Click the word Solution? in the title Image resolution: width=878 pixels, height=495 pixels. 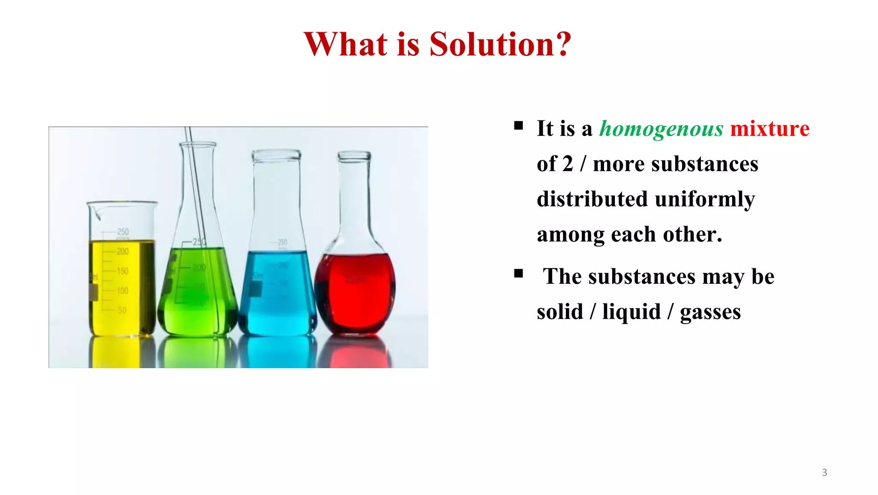[x=500, y=44]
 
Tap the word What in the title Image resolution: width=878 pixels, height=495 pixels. [x=346, y=44]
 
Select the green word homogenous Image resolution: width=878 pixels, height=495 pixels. [x=661, y=129]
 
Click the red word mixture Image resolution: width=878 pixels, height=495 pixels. [x=770, y=129]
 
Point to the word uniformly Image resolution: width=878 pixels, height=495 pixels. [x=705, y=200]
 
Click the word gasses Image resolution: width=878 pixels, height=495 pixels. [x=710, y=312]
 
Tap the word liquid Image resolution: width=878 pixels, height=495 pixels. [x=631, y=312]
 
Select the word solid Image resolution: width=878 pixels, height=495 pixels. [x=559, y=312]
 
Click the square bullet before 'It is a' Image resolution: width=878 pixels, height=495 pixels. [x=519, y=126]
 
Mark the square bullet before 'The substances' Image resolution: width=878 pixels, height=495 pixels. [x=519, y=273]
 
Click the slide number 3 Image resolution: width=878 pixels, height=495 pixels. [x=824, y=472]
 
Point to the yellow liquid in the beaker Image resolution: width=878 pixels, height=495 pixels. [x=122, y=291]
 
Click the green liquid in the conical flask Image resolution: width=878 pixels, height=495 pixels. [x=197, y=300]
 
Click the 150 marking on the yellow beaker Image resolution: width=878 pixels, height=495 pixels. [x=123, y=271]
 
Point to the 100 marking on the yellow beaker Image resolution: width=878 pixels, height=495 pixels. [x=123, y=291]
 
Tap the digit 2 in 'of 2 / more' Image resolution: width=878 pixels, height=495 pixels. [x=568, y=164]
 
